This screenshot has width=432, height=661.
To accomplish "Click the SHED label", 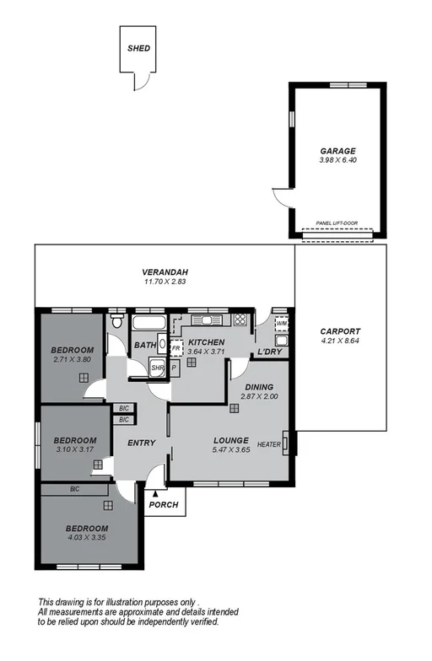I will point(139,49).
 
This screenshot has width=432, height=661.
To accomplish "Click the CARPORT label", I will point(341,331).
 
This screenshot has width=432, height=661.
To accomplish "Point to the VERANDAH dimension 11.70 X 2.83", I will point(165,282).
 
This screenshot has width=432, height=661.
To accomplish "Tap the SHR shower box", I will point(157,368).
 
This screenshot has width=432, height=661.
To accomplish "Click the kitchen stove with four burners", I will point(240,320).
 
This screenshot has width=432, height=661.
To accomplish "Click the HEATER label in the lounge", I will point(269,444).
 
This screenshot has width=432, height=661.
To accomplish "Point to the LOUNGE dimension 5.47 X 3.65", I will point(230,451).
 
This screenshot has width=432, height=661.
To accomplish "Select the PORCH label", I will point(164,505).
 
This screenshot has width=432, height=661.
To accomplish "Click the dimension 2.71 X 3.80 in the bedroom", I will point(72,361).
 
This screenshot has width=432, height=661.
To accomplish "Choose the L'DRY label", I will point(269,351).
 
